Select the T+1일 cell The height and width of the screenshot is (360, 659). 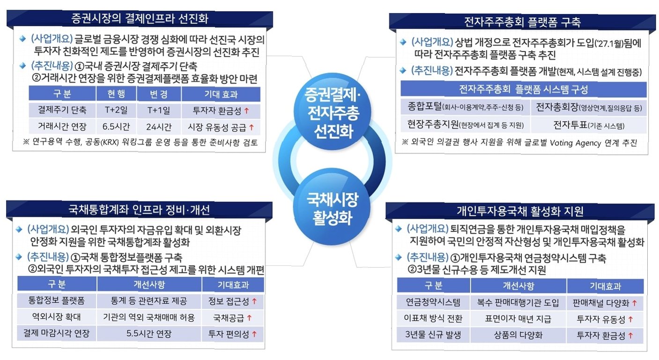tap(159, 110)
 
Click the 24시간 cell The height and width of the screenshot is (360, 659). tap(159, 126)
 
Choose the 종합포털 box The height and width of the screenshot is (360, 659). tap(465, 108)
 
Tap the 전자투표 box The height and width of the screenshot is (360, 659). tap(589, 125)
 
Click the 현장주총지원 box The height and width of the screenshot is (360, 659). tap(465, 125)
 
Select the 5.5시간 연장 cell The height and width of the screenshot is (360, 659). tap(149, 334)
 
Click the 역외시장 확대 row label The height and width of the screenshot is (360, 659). tap(56, 317)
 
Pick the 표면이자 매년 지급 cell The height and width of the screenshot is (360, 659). tap(518, 319)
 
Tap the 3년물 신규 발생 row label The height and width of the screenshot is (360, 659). tap(433, 335)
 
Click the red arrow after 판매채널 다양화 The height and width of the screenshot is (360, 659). tap(635, 303)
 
